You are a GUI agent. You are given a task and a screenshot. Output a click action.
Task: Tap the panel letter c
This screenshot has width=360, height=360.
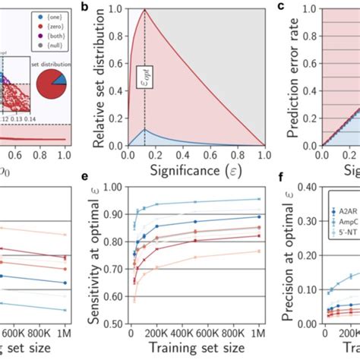coord(280,8)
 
